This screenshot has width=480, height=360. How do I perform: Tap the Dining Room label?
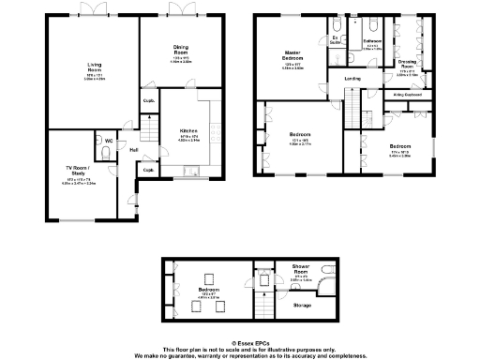coord(181,48)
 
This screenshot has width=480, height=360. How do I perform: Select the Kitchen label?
coord(187,131)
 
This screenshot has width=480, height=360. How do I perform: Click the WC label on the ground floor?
coord(109,142)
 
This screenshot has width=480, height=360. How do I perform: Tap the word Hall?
coord(133,150)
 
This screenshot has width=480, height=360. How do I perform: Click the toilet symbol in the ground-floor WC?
coord(100,143)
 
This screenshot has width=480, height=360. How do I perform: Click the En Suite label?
coord(335,40)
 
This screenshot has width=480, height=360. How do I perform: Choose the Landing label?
coord(352,79)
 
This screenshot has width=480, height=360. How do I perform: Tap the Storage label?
coord(302,305)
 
